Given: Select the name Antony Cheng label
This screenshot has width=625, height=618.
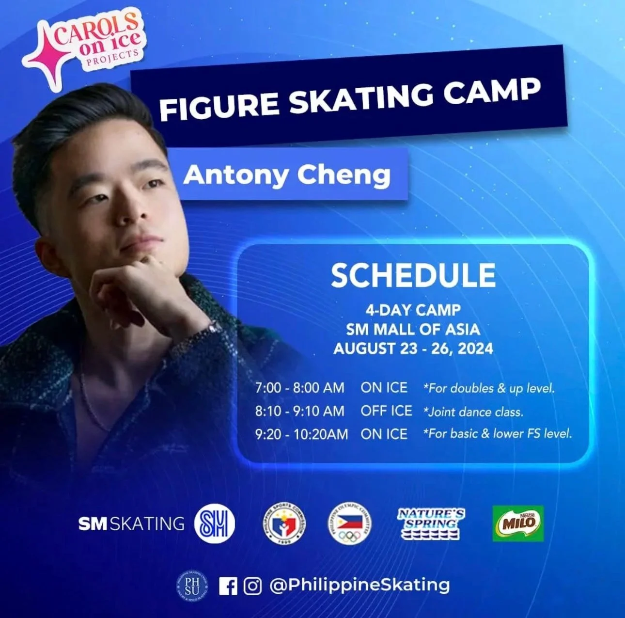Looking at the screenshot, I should point(287,175).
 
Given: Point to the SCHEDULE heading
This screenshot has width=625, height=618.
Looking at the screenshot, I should point(413,275).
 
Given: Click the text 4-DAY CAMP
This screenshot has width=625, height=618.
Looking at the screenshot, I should point(413,310).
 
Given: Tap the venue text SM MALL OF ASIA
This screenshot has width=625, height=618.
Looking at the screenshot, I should point(413,330).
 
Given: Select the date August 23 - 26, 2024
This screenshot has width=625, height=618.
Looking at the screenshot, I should point(413,349).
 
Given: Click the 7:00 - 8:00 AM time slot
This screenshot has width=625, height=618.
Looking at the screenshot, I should point(300,388).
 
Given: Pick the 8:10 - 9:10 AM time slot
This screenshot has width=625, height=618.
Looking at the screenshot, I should point(300,411).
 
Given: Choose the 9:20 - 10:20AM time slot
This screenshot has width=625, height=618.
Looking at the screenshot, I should point(301,434).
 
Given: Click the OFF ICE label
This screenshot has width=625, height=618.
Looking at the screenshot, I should point(386,411).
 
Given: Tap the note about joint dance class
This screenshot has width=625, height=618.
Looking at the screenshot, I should point(473,412).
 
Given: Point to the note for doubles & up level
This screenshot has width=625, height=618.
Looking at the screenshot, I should point(489,388).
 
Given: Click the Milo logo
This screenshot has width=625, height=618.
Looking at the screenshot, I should point(518,523).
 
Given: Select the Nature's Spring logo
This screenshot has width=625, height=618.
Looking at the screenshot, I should point(431,523).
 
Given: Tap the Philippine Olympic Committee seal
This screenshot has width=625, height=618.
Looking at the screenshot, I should point(349,523).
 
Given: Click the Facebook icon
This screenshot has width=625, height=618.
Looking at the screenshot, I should point(228,586).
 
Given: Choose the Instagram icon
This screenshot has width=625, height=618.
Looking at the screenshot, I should point(252,586).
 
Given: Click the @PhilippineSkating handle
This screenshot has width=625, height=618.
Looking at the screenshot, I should point(359,585).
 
